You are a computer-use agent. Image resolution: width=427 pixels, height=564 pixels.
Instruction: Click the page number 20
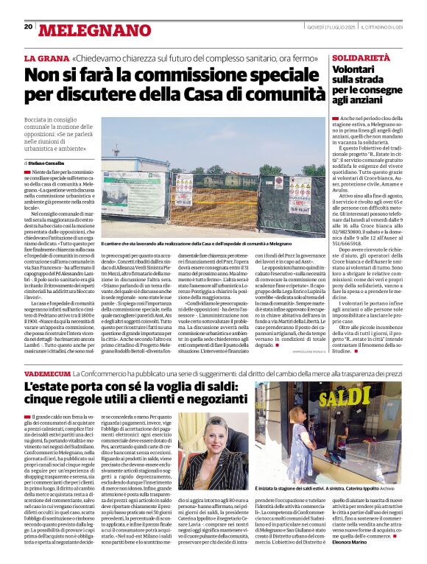pos(28,27)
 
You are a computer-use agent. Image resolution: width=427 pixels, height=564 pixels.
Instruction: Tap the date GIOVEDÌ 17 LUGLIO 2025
pos(330,27)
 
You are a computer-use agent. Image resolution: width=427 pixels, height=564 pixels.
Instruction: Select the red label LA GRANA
pos(46,57)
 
